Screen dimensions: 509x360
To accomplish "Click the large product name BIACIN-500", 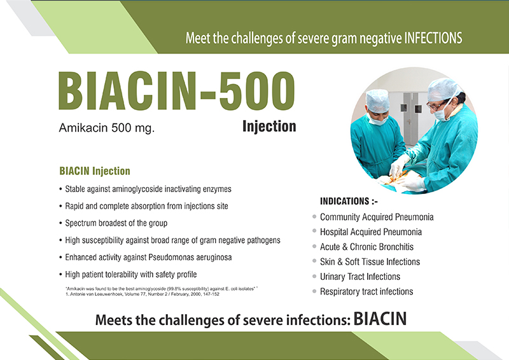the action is [x=177, y=91].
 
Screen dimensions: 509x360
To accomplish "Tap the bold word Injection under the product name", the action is [x=269, y=127].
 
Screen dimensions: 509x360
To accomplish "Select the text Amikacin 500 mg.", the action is [x=107, y=128].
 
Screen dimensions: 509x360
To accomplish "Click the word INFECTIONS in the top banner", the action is [x=433, y=38].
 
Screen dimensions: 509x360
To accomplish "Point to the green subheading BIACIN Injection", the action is [x=95, y=171].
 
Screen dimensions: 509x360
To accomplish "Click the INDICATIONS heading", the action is [x=349, y=201].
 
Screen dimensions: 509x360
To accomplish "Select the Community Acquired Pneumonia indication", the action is [x=377, y=217].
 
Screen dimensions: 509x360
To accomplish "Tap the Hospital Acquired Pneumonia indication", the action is [x=371, y=232].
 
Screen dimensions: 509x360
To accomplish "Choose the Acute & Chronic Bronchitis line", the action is [x=367, y=247].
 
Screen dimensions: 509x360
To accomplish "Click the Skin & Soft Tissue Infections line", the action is [x=370, y=261].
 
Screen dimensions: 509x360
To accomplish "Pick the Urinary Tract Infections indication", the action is [x=360, y=277].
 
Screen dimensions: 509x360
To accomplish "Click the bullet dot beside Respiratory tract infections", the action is [x=314, y=291].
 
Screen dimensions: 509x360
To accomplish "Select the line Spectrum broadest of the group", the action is [x=116, y=223].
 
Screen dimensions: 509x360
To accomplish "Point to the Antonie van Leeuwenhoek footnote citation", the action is [x=143, y=294].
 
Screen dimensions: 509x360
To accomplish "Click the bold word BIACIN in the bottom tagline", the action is [x=380, y=319].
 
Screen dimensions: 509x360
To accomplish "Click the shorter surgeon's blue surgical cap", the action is [x=377, y=100].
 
